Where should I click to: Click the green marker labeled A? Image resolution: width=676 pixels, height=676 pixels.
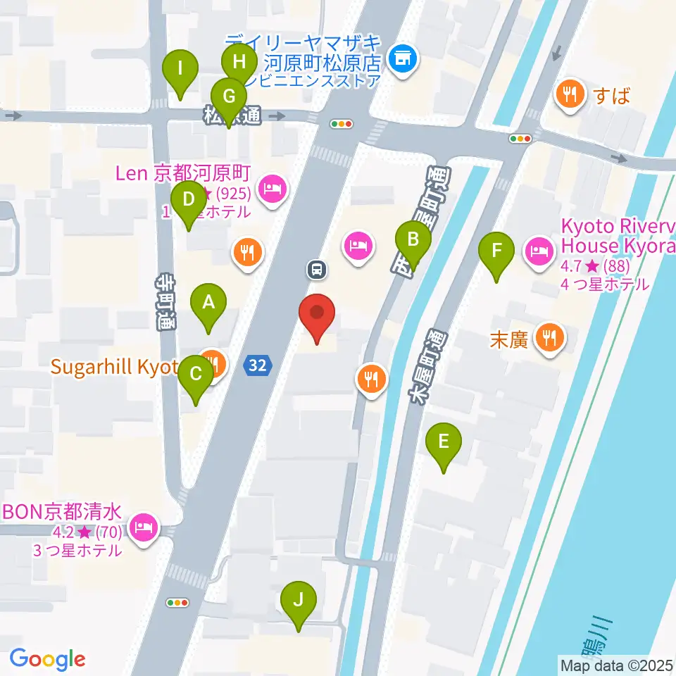coord(208,304)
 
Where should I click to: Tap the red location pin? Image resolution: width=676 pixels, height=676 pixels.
coord(317,314)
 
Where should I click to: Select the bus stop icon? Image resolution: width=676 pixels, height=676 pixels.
coord(316,268)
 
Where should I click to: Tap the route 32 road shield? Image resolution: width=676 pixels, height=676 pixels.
coord(257,365)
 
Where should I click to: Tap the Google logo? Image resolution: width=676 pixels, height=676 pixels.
coord(47,659)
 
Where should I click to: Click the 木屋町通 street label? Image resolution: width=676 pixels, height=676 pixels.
coord(424,366)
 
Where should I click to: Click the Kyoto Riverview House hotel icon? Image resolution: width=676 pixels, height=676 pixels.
coord(540,249)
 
